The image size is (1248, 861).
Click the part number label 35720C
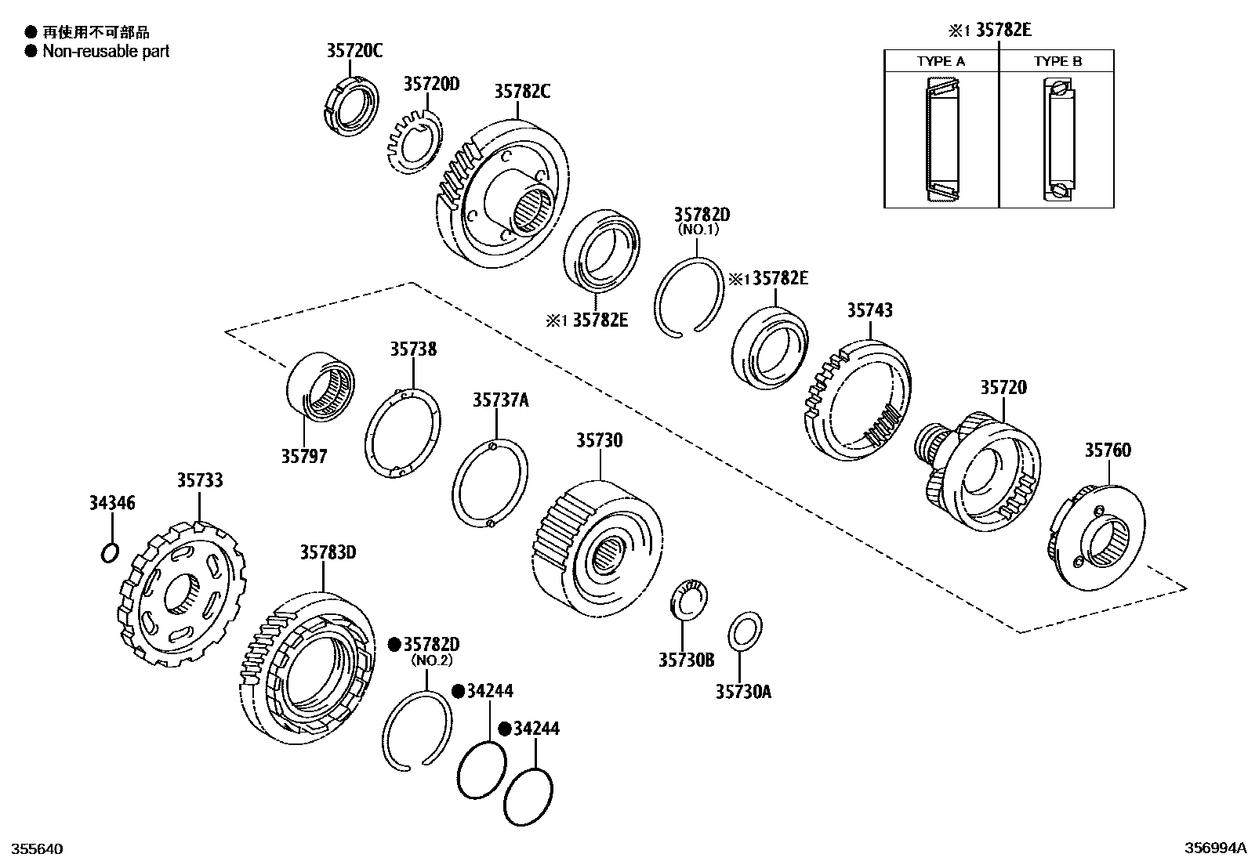coord(354,52)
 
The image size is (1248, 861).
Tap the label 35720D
coord(431,84)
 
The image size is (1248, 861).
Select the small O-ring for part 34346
coord(111,553)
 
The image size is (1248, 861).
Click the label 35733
coord(199,480)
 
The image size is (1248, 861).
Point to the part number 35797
coord(304,456)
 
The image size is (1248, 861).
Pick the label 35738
coord(414,349)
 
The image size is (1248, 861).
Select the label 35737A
coord(500,400)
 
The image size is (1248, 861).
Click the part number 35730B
coord(686,660)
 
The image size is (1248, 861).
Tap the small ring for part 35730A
coord(744,631)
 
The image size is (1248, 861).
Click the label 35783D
coord(328,552)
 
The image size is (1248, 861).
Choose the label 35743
coord(869,310)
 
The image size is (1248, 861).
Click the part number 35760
coord(1108,450)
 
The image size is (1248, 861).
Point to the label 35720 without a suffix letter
coord(1003,388)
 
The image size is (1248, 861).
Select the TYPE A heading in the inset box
coord(941,61)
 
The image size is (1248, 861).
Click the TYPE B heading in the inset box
coord(1057,61)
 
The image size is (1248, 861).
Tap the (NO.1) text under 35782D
coord(697,230)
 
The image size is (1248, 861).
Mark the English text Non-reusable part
coord(106,52)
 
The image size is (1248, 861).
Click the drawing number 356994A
coord(1214,848)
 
